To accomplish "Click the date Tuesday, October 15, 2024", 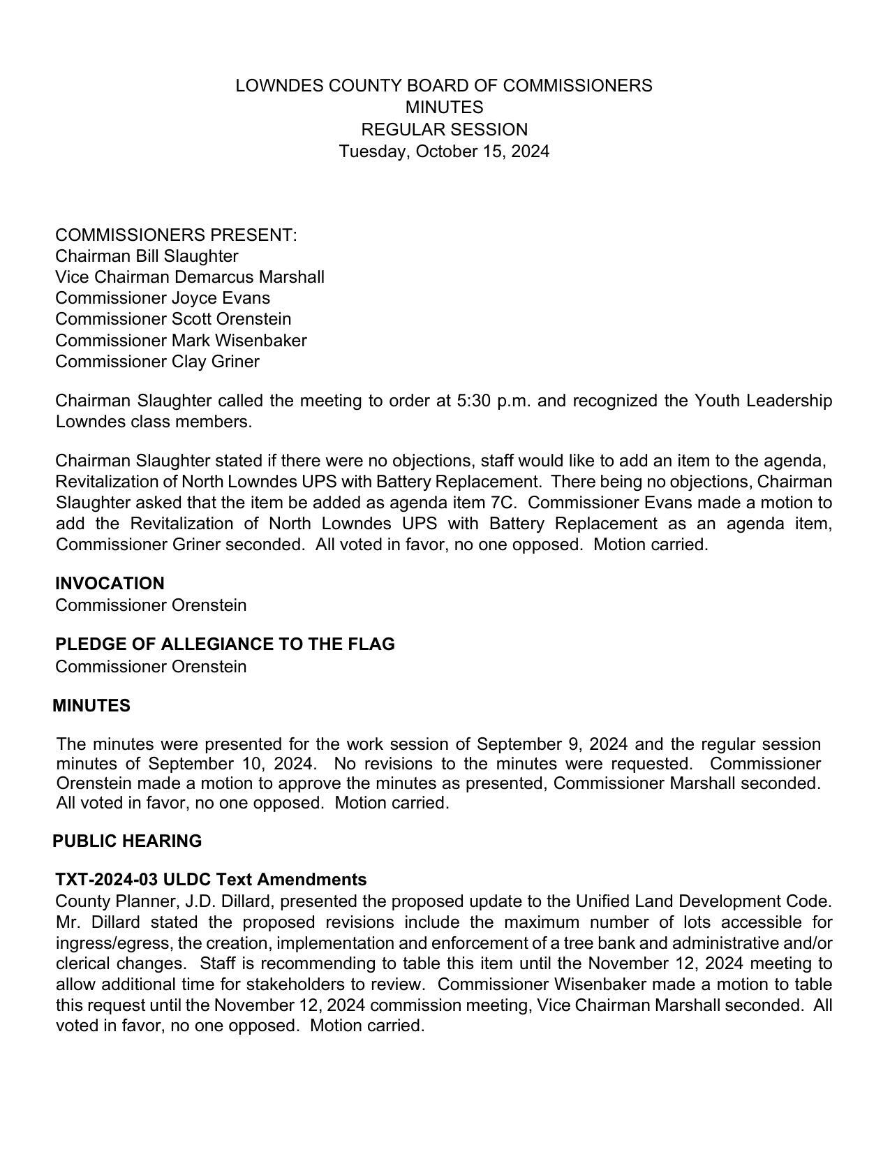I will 444,152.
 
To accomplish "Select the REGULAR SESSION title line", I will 444,130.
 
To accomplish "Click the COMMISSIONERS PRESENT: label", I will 176,235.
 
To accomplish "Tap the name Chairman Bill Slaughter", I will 147,256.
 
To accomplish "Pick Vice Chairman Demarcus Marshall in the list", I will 190,277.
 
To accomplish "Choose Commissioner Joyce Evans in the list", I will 163,298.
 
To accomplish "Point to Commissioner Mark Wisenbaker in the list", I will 181,341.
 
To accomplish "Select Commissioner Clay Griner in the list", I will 157,362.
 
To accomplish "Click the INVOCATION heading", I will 110,584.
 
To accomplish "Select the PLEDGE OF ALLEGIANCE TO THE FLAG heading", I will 225,644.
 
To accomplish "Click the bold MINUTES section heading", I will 91,706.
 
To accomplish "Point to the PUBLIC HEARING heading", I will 127,841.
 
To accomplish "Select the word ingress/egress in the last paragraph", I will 113,943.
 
